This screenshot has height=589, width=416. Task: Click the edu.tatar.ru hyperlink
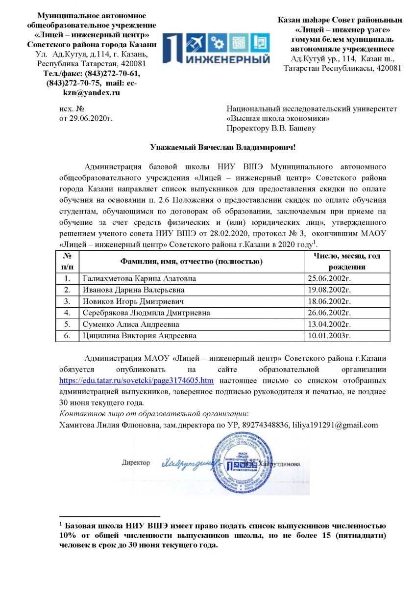coord(136,380)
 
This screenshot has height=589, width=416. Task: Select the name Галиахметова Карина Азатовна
coord(140,278)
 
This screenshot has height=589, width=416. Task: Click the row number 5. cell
coord(68,324)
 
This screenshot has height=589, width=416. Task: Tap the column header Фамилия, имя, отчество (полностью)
coord(192,262)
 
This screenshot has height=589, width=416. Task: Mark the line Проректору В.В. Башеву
coord(271,129)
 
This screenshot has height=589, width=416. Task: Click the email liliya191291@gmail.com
coord(336,425)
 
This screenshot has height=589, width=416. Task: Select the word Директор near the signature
coord(136,463)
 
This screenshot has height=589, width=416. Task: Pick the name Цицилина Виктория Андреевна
coord(140,336)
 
